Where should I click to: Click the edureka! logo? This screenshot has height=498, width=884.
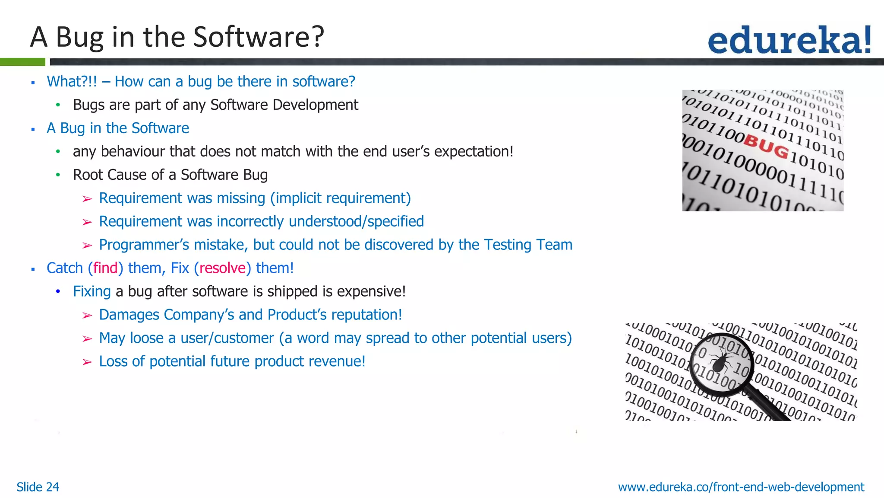coord(789,40)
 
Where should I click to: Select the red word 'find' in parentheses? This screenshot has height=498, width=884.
coord(105,268)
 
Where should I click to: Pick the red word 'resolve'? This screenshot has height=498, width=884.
coord(222,268)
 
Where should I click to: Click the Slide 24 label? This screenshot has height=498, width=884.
coord(38,487)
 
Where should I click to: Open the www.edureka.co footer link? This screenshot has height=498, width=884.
coord(741,487)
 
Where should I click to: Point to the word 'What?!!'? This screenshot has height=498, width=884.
coord(72,81)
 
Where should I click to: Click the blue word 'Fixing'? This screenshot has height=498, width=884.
coord(92,291)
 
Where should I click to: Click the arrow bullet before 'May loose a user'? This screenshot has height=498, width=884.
coord(87,338)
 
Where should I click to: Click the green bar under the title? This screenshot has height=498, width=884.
coord(22,62)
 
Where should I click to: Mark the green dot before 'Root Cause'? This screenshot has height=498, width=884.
coord(58,175)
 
